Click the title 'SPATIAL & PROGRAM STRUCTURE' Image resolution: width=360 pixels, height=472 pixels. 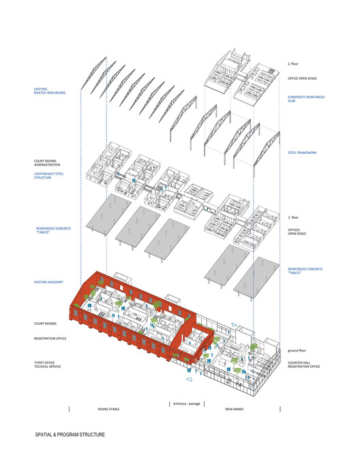[x=70, y=435]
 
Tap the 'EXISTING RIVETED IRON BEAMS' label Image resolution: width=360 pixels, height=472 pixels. [x=49, y=91]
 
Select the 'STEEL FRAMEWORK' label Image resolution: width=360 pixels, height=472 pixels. [x=302, y=153]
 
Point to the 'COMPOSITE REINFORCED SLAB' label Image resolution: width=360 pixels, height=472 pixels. [x=306, y=99]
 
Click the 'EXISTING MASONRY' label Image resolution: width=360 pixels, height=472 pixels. [x=48, y=282]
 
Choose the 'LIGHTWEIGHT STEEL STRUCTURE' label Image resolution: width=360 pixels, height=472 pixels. [x=48, y=176]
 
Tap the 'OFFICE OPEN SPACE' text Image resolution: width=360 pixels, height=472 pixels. [x=302, y=78]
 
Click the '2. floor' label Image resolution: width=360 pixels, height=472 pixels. [x=292, y=64]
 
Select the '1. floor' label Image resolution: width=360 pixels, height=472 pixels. [x=293, y=217]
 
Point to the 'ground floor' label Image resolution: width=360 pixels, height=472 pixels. [x=297, y=351]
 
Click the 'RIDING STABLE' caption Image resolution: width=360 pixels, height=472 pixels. [x=108, y=409]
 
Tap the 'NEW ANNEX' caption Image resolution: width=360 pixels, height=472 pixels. [x=235, y=409]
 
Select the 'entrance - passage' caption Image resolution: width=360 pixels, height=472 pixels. [x=187, y=404]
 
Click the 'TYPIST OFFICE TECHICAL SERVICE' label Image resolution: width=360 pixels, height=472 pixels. [x=47, y=364]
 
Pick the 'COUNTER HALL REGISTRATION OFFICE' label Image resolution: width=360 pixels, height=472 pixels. [x=303, y=364]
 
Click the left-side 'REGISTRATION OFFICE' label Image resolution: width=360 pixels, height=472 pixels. [x=50, y=339]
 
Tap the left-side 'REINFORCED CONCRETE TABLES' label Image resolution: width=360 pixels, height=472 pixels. [x=53, y=230]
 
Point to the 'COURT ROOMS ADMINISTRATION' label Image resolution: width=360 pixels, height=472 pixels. [x=47, y=163]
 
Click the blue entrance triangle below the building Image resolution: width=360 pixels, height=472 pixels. [x=189, y=379]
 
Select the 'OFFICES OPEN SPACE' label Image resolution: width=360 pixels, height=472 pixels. [x=297, y=232]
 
